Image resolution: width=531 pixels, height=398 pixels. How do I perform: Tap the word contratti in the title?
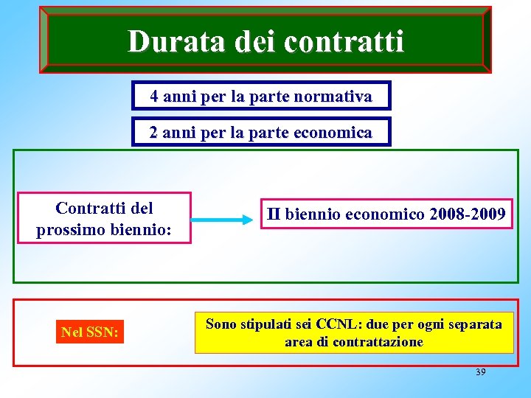click(344, 41)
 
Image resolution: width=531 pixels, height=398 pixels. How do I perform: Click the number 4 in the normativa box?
click(153, 96)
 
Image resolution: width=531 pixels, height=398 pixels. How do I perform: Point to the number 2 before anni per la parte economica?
click(153, 133)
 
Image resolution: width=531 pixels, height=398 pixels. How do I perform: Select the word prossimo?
click(73, 229)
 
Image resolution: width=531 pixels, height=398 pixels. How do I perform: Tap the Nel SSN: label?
click(89, 332)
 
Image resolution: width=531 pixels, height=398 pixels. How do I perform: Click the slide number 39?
click(481, 372)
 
